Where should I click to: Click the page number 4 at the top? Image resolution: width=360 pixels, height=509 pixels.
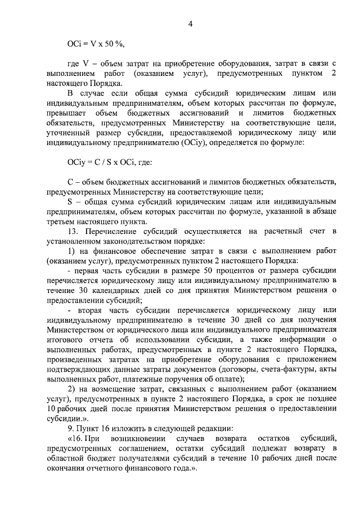(x=191, y=24)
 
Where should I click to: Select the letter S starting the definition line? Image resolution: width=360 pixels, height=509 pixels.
(x=69, y=202)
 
